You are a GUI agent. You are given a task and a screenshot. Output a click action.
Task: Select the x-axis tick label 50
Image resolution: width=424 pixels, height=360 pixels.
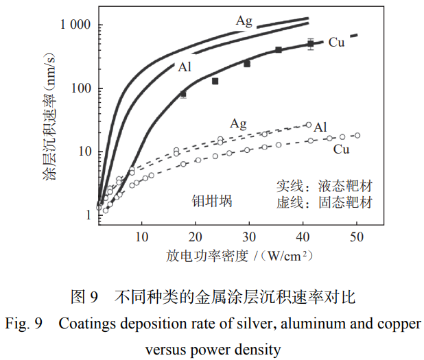pyautogui.click(x=357, y=237)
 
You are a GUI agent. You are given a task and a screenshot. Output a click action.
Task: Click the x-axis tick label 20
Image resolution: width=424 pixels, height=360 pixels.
pyautogui.click(x=196, y=237)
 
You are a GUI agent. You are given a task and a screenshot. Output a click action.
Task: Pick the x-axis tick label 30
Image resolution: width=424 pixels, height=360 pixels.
pyautogui.click(x=250, y=237)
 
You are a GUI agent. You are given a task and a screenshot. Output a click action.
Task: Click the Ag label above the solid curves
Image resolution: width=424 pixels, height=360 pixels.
pyautogui.click(x=244, y=21)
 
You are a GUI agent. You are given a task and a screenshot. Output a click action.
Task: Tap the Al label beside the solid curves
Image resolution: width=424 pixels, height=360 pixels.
pyautogui.click(x=185, y=67)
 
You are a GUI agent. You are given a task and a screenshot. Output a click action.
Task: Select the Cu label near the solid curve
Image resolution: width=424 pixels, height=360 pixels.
pyautogui.click(x=336, y=43)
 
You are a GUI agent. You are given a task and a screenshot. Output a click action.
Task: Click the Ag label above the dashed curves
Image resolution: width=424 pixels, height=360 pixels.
pyautogui.click(x=238, y=124)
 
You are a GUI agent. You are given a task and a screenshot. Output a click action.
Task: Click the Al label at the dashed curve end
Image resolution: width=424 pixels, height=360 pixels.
pyautogui.click(x=320, y=127)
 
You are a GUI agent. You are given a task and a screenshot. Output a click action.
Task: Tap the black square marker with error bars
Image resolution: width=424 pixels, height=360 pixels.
pyautogui.click(x=311, y=44)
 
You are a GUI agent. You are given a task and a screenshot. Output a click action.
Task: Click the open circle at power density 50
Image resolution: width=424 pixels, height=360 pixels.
pyautogui.click(x=357, y=136)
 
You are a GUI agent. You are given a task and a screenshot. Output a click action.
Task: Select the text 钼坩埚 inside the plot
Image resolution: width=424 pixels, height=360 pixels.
pyautogui.click(x=212, y=201)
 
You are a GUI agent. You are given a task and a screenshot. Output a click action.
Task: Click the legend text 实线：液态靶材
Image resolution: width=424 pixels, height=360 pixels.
pyautogui.click(x=325, y=187)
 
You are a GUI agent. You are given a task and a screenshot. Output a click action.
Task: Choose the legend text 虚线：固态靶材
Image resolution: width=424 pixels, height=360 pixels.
pyautogui.click(x=325, y=202)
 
